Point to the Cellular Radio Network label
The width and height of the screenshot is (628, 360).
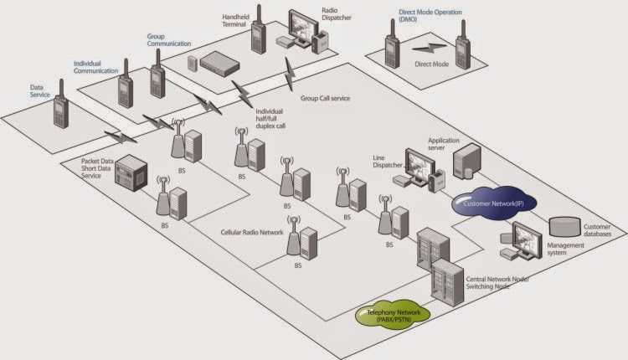tap(251, 231)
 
